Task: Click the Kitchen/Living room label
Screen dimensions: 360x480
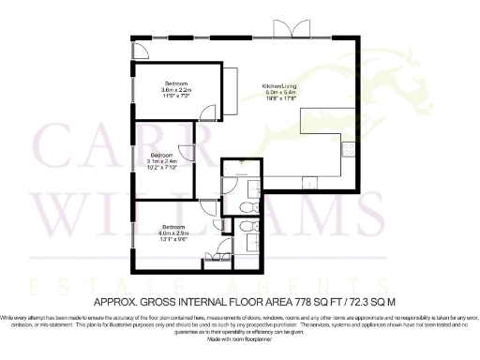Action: pos(279,90)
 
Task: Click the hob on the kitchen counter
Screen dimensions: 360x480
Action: pos(348,147)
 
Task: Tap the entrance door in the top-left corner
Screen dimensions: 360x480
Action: pos(139,49)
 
